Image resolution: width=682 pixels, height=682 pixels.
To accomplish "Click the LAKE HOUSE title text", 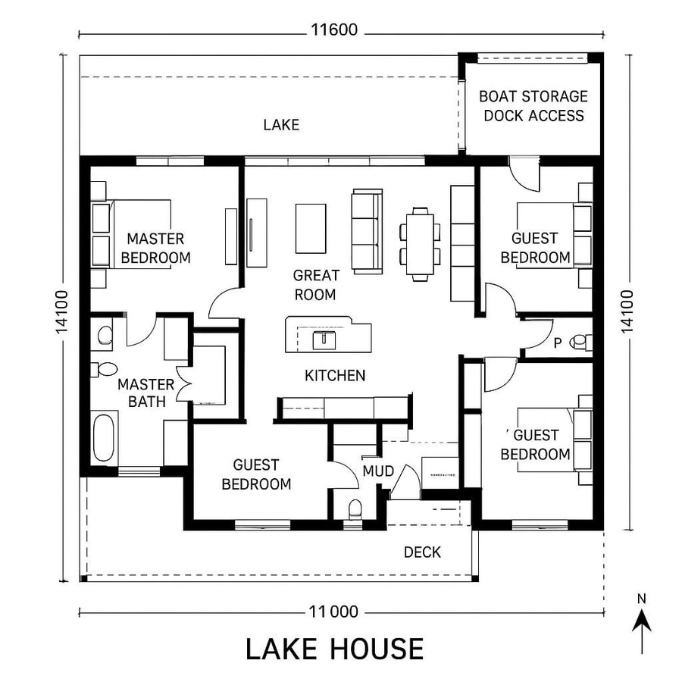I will (334, 649).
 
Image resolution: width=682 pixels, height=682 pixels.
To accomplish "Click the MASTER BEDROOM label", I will (155, 249).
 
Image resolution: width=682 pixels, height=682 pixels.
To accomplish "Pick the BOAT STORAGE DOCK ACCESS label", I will (533, 106).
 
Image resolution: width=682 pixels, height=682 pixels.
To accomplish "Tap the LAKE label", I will (281, 124).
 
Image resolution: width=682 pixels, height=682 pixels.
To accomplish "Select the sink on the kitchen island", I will (325, 339).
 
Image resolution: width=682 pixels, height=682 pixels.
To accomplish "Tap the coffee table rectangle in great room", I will (311, 228).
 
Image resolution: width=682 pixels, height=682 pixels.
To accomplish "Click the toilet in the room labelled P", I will (582, 343).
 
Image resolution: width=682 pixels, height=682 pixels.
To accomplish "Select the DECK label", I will (422, 552).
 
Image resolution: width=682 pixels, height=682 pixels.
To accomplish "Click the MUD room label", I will (378, 471).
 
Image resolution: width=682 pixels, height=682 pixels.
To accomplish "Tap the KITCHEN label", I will (335, 375).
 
